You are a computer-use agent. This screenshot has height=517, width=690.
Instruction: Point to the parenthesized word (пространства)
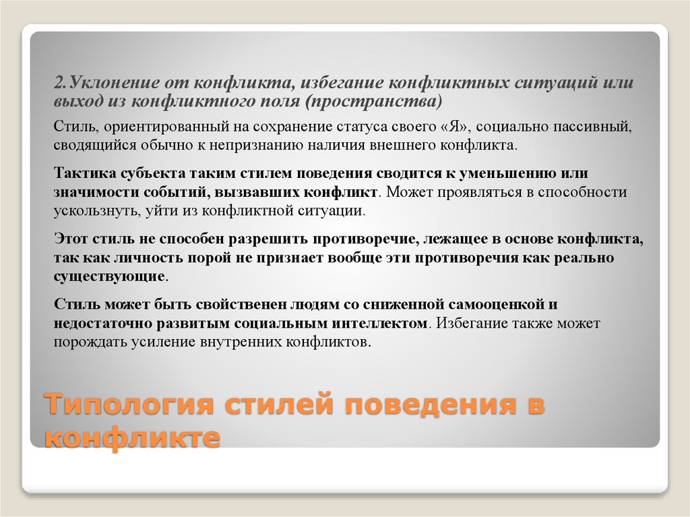point(375,101)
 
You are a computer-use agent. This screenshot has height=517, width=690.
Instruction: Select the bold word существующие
point(109,276)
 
